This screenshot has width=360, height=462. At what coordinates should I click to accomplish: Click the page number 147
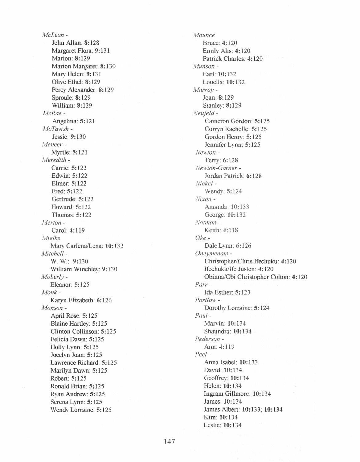click(x=170, y=441)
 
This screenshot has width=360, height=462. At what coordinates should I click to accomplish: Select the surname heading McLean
click(x=53, y=35)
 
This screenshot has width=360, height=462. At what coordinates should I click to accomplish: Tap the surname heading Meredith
click(x=54, y=160)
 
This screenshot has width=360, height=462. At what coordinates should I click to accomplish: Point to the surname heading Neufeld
click(x=204, y=113)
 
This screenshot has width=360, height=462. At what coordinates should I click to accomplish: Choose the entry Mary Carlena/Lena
click(x=77, y=246)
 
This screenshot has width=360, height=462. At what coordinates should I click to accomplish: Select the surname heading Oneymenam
click(x=211, y=253)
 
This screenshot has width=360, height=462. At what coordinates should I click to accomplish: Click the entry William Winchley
click(x=75, y=269)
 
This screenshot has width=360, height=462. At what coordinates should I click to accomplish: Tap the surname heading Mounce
click(x=204, y=35)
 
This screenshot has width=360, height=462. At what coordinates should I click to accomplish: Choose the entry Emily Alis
click(x=217, y=51)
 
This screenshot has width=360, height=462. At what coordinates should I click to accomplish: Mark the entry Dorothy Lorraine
click(x=227, y=308)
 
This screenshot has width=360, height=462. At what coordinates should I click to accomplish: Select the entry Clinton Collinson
click(x=74, y=331)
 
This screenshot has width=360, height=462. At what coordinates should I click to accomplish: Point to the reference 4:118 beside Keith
click(x=230, y=230)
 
